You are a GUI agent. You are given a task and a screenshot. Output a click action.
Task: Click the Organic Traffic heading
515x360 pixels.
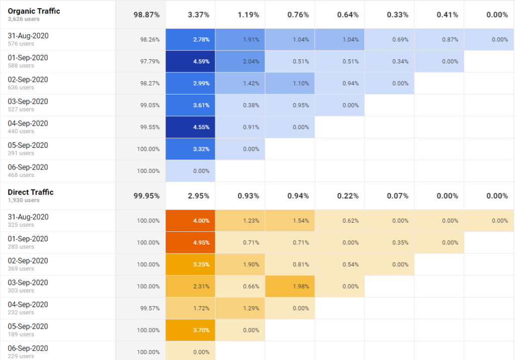34,11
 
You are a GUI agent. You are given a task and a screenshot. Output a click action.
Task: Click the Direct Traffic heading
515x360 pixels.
30,192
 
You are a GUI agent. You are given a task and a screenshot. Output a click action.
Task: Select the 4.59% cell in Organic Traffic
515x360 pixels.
201,61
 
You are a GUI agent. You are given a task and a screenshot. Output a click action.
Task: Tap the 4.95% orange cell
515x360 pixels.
201,242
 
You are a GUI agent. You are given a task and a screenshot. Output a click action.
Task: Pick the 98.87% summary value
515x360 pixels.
146,15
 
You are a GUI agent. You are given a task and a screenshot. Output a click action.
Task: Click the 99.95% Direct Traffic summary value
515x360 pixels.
146,196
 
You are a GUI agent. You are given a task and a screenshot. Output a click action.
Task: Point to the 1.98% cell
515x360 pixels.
301,286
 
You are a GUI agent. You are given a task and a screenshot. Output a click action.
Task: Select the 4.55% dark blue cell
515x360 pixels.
201,127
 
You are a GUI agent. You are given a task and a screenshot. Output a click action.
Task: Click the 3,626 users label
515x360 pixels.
23,19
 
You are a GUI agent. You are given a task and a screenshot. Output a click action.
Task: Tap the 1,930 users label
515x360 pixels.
23,200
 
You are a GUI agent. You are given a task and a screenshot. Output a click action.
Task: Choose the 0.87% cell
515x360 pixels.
450,39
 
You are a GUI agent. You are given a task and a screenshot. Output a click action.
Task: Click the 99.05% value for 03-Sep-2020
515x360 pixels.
150,106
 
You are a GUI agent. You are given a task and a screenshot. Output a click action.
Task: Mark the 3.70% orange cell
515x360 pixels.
201,330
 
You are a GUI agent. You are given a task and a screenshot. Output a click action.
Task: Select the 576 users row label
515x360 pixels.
21,44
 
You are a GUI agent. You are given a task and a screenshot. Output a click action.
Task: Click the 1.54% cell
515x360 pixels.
301,220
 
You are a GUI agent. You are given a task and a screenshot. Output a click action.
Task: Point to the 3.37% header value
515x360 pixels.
198,15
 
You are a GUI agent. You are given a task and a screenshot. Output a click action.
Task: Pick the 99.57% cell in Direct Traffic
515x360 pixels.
150,308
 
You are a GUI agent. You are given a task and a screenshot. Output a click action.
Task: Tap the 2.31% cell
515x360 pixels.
201,286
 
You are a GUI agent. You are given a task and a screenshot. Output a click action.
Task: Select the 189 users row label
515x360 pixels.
21,334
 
